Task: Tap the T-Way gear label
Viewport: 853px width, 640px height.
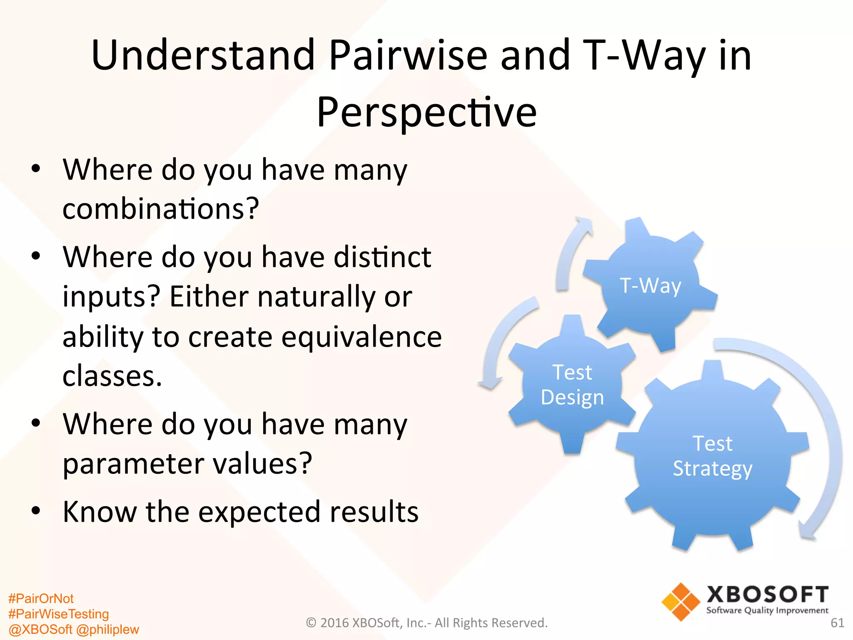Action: pyautogui.click(x=651, y=286)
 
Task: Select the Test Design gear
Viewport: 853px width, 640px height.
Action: pyautogui.click(x=572, y=385)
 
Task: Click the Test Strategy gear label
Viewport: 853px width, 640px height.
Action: pyautogui.click(x=712, y=456)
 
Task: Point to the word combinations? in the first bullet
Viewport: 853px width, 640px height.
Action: pyautogui.click(x=161, y=208)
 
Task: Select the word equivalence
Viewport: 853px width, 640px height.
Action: pyautogui.click(x=361, y=337)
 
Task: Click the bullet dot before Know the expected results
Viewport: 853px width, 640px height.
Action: pyautogui.click(x=36, y=510)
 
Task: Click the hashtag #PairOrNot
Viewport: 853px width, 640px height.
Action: pyautogui.click(x=41, y=599)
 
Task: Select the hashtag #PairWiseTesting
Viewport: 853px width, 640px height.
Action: pyautogui.click(x=58, y=614)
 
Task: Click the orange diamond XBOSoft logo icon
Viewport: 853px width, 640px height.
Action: pyautogui.click(x=681, y=602)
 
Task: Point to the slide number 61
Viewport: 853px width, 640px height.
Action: pyautogui.click(x=837, y=623)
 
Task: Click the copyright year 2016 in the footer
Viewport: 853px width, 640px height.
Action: pyautogui.click(x=334, y=623)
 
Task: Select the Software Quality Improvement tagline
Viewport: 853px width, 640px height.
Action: pyautogui.click(x=767, y=611)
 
